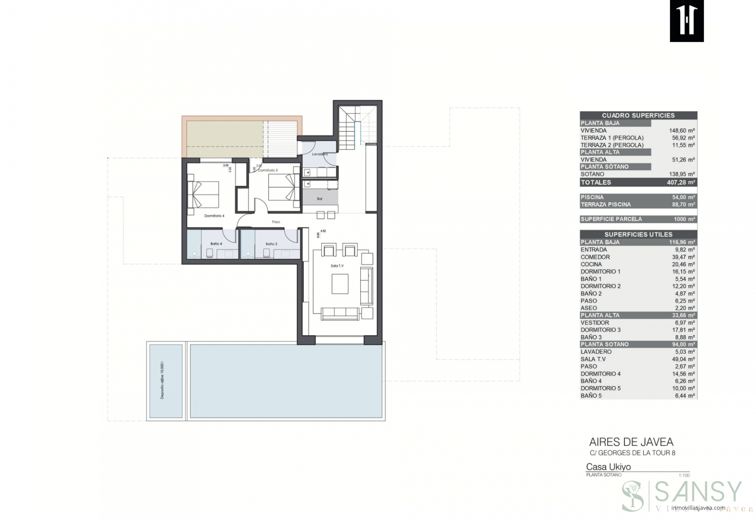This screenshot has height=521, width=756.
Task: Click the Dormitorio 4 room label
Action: point(214,216)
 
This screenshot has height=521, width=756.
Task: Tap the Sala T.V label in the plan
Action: point(337,266)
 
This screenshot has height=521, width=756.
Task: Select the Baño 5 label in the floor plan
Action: point(271,244)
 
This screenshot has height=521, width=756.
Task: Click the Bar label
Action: point(320,199)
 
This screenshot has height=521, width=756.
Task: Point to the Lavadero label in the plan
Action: point(320,154)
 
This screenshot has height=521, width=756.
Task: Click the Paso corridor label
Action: point(276,222)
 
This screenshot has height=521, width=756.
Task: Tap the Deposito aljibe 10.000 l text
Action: point(162,381)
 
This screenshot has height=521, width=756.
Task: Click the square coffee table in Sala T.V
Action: point(340,284)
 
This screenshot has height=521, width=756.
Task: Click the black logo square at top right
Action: point(687,21)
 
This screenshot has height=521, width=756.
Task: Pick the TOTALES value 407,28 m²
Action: point(681,183)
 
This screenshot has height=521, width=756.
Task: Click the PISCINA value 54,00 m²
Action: point(683,197)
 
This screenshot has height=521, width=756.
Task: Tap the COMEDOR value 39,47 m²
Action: point(683,257)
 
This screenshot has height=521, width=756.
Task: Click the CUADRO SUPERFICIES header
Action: point(638,115)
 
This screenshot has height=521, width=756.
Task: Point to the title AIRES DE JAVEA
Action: point(631,442)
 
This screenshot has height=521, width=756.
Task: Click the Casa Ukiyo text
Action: point(608,467)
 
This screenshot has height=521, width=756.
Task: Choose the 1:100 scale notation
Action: point(684,475)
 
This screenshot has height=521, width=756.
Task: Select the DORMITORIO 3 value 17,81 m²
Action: point(683,330)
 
